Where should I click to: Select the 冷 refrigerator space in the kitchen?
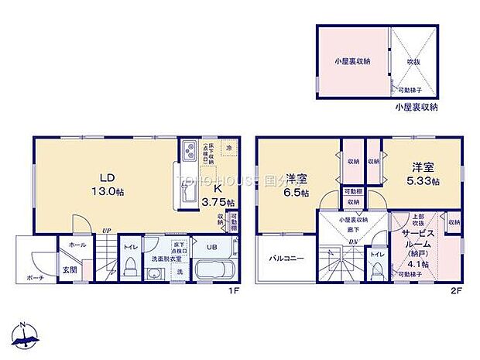pos(229,147)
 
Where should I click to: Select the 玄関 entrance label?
pos(69,269)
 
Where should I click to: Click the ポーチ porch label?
pos(34,278)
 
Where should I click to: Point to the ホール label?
pos(77,244)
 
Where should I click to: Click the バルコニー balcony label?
pos(286,259)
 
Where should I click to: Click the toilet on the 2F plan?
pos(377,268)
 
